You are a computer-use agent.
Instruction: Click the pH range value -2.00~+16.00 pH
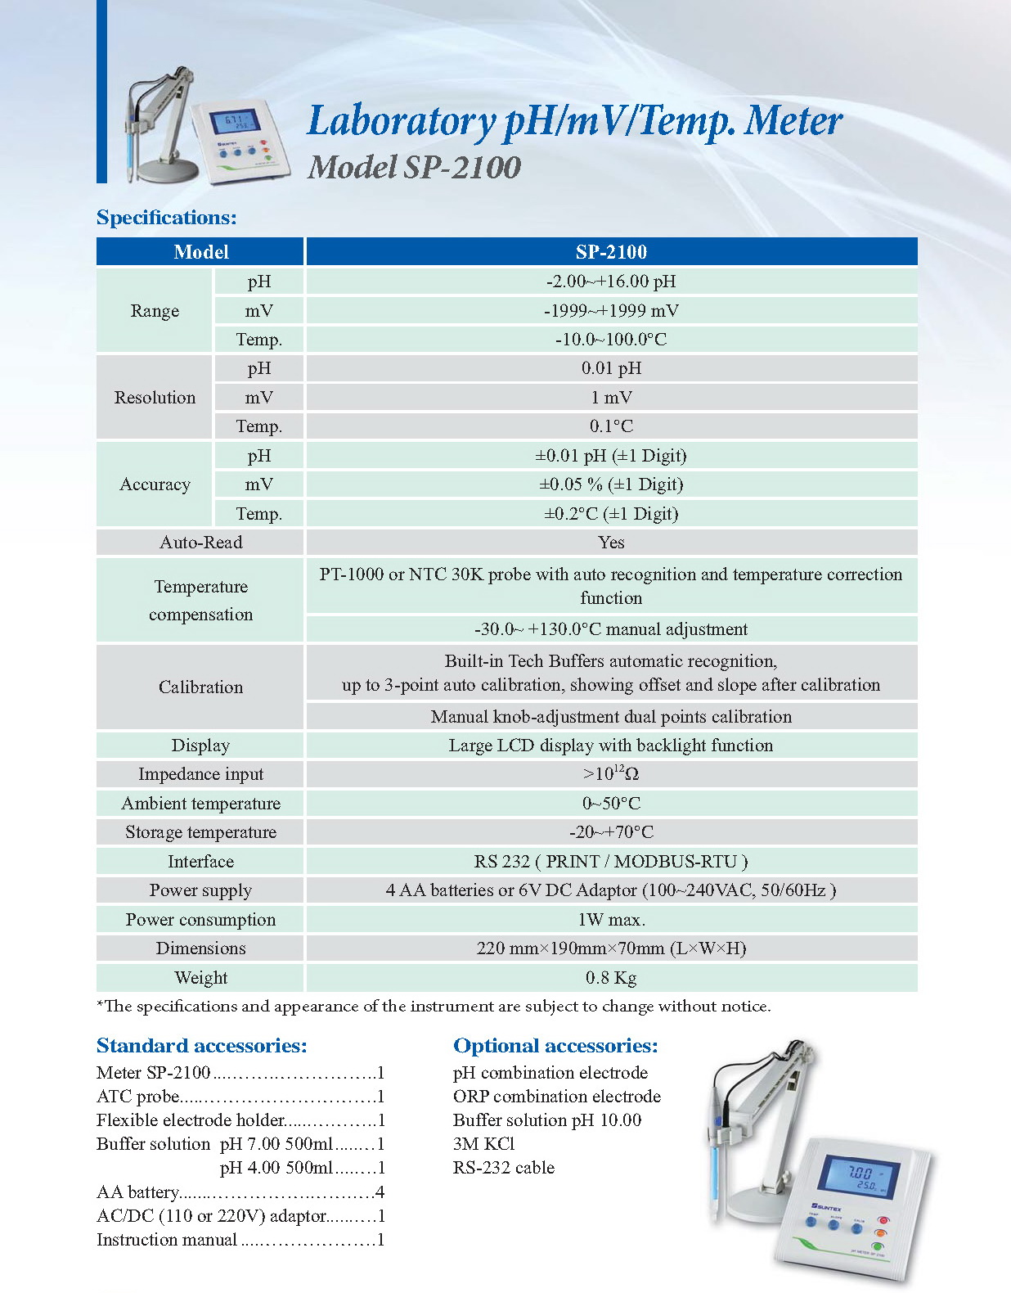coord(611,282)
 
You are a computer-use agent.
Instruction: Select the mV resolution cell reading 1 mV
coord(611,398)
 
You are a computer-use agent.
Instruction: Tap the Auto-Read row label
coord(200,543)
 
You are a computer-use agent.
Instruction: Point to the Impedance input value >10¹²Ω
coord(611,774)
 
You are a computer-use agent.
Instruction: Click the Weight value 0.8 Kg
coord(611,978)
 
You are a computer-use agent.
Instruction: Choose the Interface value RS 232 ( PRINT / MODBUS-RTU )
coord(611,862)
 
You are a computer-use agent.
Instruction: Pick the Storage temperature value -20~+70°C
coord(611,832)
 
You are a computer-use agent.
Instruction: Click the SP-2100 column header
coord(611,252)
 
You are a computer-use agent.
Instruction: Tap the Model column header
coord(200,252)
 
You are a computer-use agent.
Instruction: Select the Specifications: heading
coord(167,218)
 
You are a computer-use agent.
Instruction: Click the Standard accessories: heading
coord(202,1046)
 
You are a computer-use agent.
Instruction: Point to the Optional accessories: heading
coord(555,1046)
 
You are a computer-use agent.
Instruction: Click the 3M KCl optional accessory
coord(483,1144)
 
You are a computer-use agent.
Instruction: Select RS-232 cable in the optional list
coord(504,1168)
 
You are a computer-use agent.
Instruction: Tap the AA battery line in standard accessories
coord(240,1192)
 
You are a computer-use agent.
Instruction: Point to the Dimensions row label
coord(200,948)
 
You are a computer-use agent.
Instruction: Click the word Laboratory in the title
coord(401,122)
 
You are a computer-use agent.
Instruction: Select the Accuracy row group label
coord(155,484)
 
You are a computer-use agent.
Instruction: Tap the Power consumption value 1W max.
coord(611,920)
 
